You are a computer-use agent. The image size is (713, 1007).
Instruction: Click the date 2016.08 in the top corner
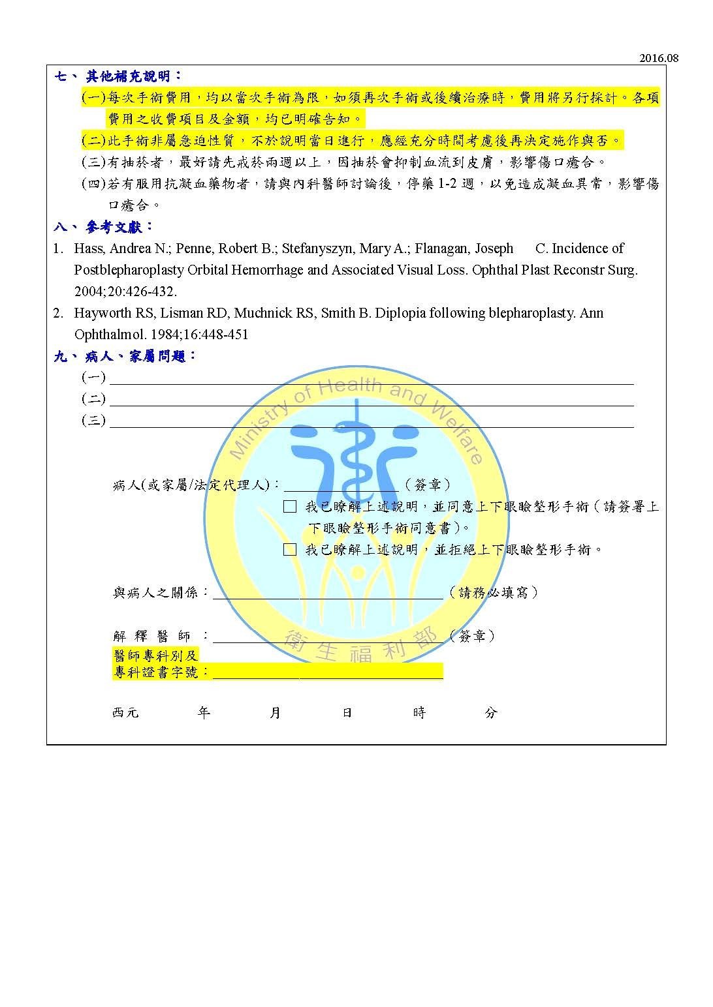coord(659,59)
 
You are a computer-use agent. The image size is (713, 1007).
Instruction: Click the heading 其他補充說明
coord(134,76)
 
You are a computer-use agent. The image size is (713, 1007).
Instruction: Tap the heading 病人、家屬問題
coord(140,357)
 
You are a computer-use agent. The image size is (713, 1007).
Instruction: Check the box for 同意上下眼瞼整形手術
coord(290,507)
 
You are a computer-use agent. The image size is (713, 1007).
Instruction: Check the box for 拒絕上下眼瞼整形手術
coord(290,550)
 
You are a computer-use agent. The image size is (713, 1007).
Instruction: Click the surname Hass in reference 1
coord(88,248)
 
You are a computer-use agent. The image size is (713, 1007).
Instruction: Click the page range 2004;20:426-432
coord(125,292)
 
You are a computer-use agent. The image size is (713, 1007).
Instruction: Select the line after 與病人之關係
coord(328,596)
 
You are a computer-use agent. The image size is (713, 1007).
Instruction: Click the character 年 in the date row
coord(204,713)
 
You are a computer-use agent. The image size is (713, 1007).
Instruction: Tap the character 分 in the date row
coord(491,713)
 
